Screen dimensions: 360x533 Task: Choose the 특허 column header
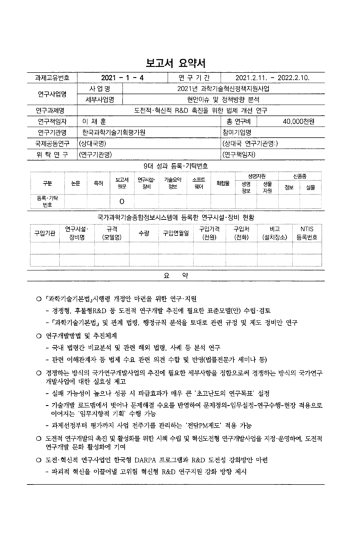tap(98, 182)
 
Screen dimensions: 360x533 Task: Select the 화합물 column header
tap(223, 182)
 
